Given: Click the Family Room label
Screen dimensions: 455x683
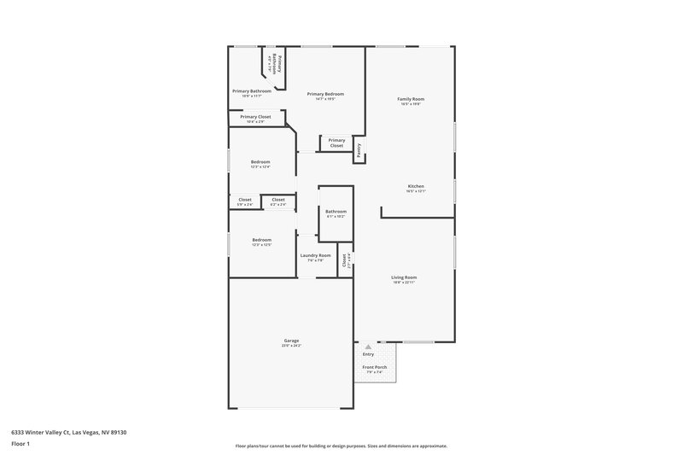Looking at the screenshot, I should (x=411, y=99).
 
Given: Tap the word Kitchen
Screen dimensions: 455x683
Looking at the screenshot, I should (x=416, y=186).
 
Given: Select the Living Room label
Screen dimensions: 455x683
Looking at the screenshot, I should (x=404, y=277).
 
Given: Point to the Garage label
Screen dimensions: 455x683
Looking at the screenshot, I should (x=291, y=341).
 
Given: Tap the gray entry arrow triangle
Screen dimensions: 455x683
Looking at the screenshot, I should (x=368, y=347).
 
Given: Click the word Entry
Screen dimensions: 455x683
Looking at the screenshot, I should (x=368, y=353).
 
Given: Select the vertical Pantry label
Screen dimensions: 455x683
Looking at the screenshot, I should (x=359, y=150).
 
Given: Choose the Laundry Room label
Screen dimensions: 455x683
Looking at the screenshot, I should (x=315, y=255).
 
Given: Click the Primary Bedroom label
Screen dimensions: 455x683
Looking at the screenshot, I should (x=326, y=94).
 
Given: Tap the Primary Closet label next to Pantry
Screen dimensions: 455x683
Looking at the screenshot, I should (x=336, y=143).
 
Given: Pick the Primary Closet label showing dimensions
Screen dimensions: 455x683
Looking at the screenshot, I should (x=255, y=117).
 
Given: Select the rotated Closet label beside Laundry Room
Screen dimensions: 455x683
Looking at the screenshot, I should (x=345, y=260).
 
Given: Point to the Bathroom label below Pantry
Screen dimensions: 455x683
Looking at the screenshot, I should (x=336, y=211).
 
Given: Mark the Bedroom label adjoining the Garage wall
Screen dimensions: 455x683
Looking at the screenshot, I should (x=261, y=240).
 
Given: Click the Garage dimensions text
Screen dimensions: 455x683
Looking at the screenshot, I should (x=291, y=346).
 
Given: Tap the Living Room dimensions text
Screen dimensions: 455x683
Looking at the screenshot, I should (x=404, y=283).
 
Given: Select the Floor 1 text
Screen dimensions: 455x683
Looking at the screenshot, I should (x=20, y=444).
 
